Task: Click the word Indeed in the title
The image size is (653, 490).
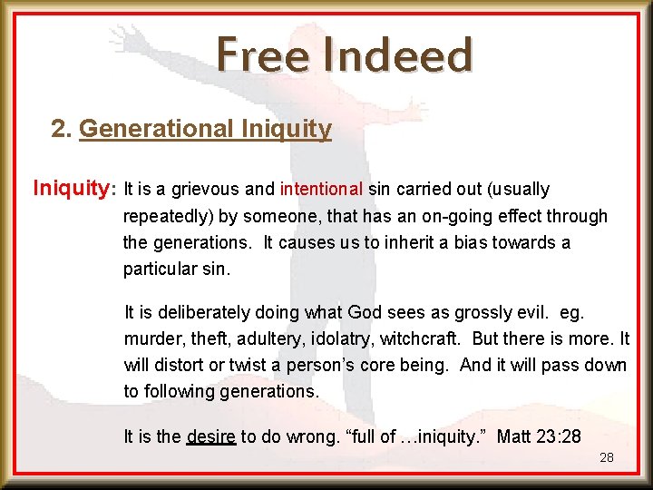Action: point(396,55)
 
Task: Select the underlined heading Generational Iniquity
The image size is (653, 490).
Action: point(205,129)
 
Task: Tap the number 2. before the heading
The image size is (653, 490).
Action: point(63,129)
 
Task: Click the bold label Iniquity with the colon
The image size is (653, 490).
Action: point(73,189)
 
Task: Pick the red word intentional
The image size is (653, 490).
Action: point(321,190)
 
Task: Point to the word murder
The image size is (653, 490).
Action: point(151,338)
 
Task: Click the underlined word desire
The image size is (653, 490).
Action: point(210,436)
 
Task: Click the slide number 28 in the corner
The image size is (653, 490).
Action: point(607,457)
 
